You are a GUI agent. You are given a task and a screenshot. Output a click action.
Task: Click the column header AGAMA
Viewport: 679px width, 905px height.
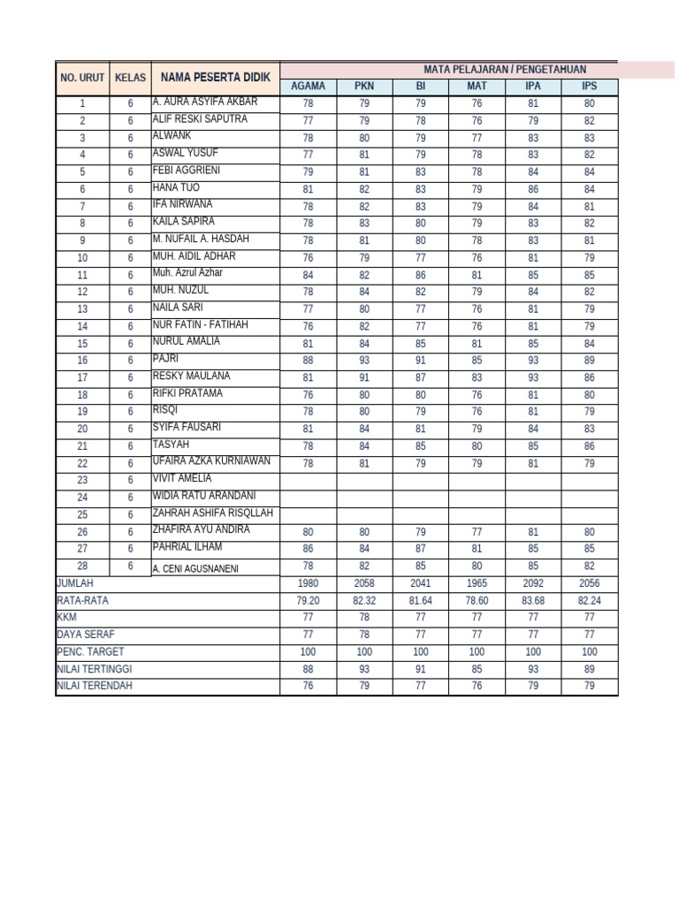(x=308, y=87)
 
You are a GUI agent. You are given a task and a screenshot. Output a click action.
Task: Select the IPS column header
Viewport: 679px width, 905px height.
(x=589, y=87)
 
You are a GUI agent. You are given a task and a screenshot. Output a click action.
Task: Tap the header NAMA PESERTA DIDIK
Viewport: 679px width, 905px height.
(x=215, y=77)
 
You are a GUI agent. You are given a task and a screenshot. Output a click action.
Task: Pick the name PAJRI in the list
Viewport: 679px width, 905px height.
(x=165, y=359)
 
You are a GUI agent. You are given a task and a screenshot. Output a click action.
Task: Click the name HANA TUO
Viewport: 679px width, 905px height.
(x=176, y=187)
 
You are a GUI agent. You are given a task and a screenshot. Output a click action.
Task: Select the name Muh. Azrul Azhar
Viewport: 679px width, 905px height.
(x=187, y=273)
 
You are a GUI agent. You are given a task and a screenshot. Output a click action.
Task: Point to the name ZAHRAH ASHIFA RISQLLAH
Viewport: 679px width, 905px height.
(x=213, y=513)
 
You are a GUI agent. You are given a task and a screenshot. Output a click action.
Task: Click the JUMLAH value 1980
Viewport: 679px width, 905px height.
(x=308, y=584)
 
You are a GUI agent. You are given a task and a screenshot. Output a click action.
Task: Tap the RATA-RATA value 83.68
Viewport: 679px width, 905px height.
(x=533, y=601)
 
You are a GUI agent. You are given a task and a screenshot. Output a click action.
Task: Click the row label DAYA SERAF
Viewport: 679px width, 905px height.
(x=86, y=635)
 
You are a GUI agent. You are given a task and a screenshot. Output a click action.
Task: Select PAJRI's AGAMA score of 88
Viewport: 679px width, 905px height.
(x=308, y=361)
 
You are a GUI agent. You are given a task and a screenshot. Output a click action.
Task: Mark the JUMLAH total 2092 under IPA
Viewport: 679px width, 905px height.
(x=533, y=584)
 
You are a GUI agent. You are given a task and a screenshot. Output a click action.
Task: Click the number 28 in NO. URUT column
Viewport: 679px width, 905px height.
(x=82, y=567)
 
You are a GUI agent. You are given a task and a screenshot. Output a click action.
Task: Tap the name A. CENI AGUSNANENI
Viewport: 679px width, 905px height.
(x=195, y=568)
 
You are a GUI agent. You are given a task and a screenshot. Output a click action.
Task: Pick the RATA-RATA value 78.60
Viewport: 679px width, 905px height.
(x=477, y=601)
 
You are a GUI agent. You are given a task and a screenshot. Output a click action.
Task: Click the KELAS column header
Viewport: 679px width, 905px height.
(x=130, y=78)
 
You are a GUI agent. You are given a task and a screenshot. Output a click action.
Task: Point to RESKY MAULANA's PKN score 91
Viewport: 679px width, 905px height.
(x=364, y=377)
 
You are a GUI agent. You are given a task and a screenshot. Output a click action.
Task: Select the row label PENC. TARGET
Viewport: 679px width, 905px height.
(x=90, y=651)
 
